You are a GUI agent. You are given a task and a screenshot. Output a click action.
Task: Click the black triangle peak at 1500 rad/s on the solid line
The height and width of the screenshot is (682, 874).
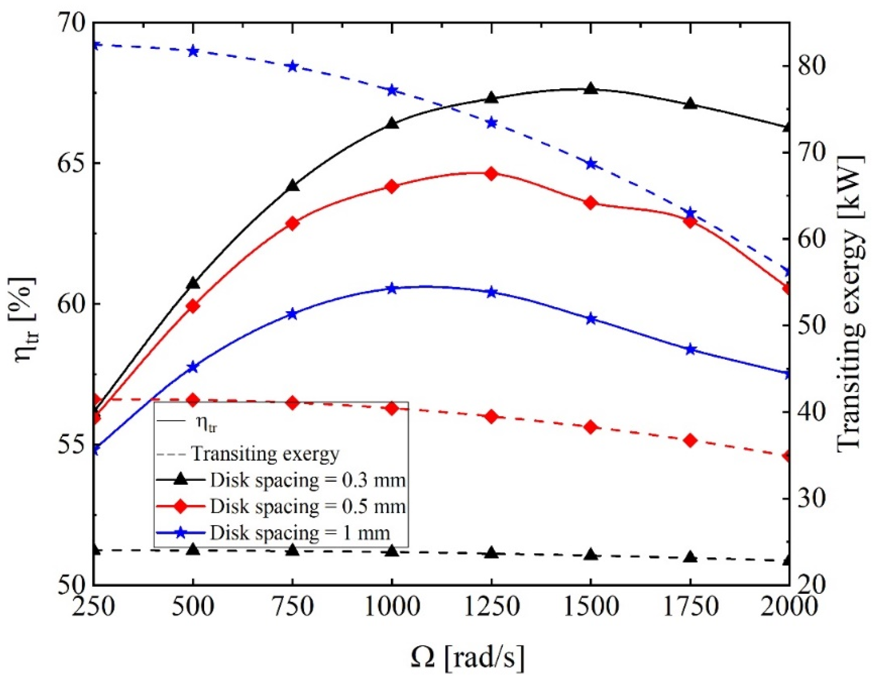click(591, 89)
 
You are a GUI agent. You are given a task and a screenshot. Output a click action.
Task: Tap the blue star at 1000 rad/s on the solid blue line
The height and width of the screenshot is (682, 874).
click(392, 289)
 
